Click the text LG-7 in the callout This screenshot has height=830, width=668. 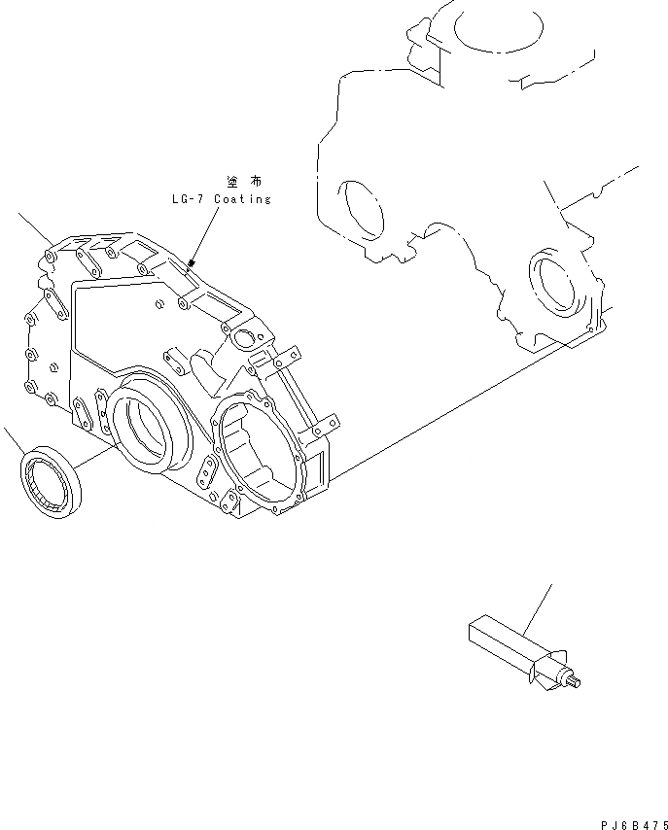(x=185, y=199)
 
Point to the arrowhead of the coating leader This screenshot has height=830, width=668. (x=193, y=262)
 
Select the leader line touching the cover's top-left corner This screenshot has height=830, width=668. (x=39, y=230)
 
